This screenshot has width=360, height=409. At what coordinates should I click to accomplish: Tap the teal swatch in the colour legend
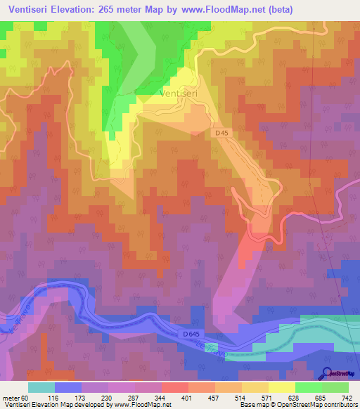41,387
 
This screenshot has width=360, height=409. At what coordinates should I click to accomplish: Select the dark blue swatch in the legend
68,387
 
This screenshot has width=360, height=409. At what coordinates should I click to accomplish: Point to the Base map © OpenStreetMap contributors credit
298,405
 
